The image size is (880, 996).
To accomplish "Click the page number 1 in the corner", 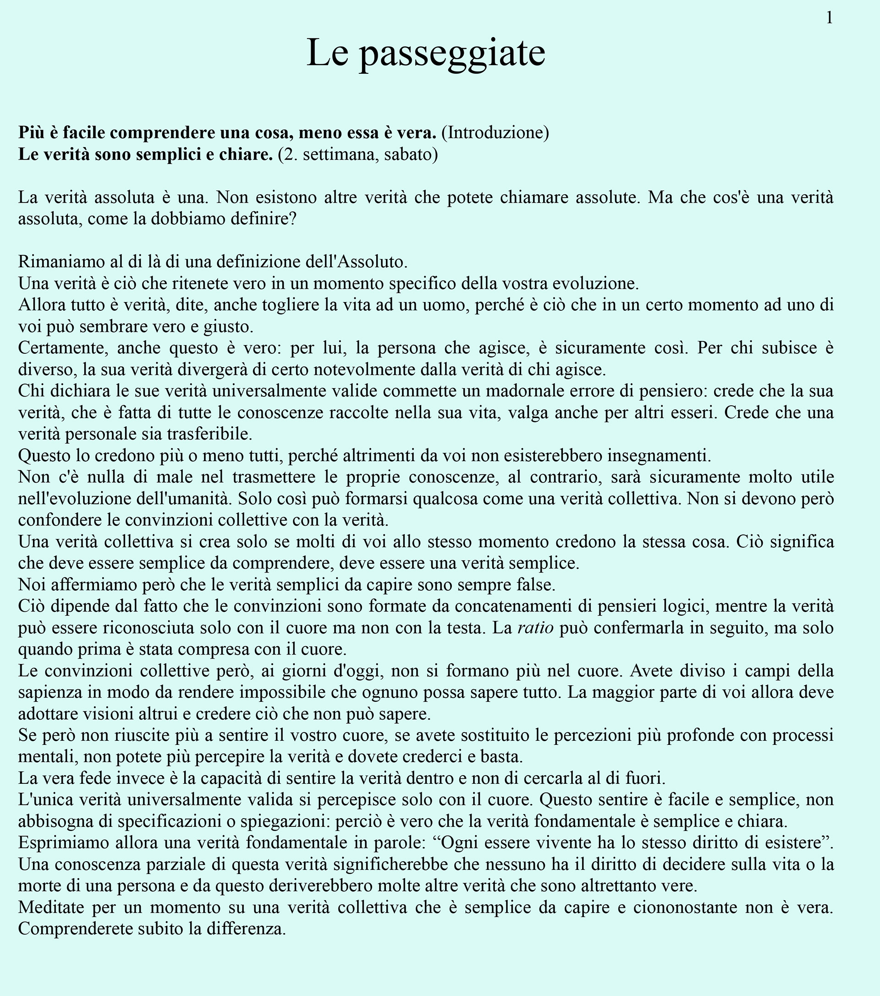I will (829, 18).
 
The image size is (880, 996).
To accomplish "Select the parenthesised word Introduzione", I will (495, 132).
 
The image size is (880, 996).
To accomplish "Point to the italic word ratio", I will (535, 627).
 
